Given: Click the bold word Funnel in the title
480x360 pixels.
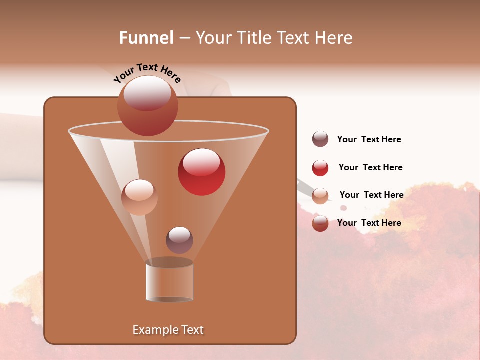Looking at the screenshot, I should pos(146,38).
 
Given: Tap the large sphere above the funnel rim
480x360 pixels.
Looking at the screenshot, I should pos(147,105).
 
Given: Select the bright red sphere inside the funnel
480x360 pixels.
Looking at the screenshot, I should pos(201,172).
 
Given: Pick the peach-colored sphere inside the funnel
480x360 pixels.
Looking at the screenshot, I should pos(139,197).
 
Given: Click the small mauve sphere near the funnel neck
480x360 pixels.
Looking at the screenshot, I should pos(179,240).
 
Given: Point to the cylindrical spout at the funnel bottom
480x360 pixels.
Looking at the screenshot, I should pos(169,282).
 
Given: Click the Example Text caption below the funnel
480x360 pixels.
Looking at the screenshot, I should pos(168,330).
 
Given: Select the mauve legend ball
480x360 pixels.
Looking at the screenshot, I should pos(320,139).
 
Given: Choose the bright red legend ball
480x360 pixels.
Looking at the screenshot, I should pos(320,168).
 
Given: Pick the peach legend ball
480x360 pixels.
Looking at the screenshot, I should pos(320,196).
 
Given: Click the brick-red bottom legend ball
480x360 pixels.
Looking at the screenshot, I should pos(320,223).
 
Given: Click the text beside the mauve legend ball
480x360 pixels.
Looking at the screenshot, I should pos(369,139).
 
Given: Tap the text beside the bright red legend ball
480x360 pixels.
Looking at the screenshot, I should pos(370,167).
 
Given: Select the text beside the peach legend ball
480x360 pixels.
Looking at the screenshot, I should pos(371,195).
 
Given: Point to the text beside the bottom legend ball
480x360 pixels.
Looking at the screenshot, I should pos(369,223).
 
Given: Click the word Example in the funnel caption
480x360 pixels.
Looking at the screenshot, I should pos(154,330).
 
